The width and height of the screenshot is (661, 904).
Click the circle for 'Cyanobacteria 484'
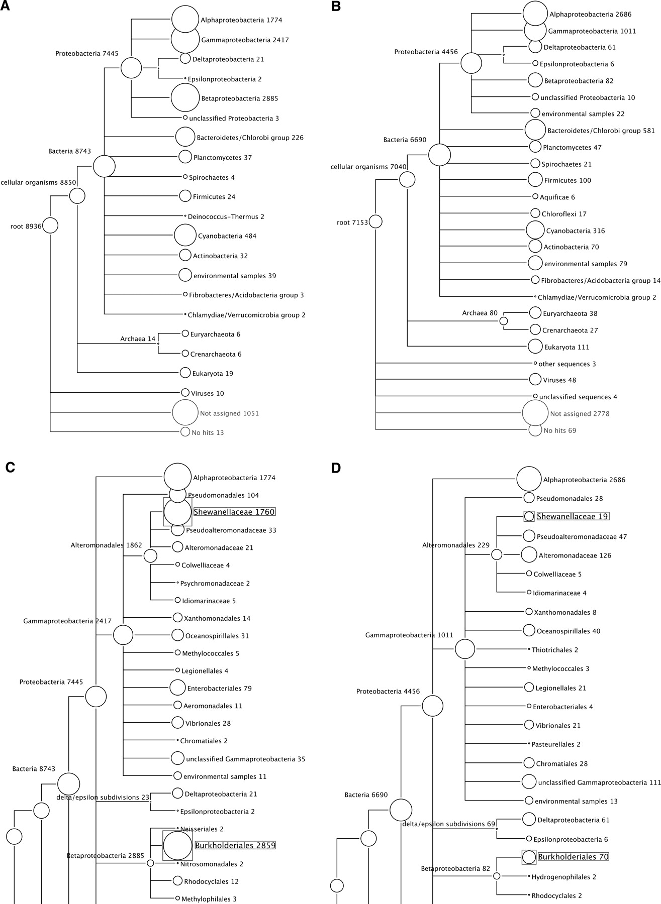click(x=185, y=236)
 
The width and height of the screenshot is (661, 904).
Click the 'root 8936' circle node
click(x=50, y=225)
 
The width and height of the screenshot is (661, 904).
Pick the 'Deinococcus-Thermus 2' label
click(x=226, y=216)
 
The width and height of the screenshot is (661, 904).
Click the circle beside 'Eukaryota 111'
click(x=535, y=347)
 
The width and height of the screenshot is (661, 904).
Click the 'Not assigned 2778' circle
click(x=535, y=413)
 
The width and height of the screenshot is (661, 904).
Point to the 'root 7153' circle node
click(x=375, y=221)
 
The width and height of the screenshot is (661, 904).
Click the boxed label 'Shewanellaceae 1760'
click(x=234, y=512)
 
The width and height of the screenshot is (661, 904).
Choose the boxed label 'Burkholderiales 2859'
click(x=235, y=845)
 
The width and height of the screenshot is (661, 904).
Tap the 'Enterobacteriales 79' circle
click(x=177, y=688)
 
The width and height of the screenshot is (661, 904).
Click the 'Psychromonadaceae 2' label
click(x=215, y=583)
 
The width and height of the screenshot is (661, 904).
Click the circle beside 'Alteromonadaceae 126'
click(x=529, y=555)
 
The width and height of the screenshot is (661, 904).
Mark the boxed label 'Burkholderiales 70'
click(x=573, y=857)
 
